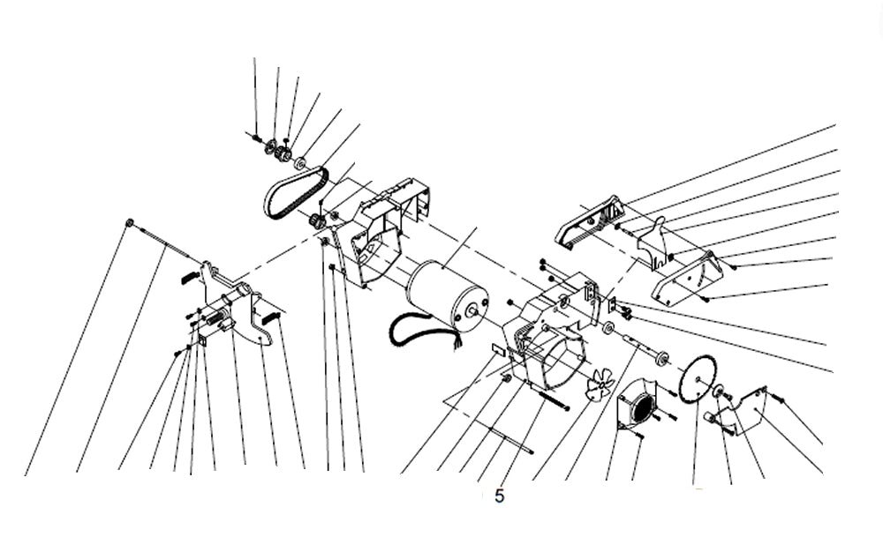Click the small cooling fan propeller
[600, 384]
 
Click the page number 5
[500, 496]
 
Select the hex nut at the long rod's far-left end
[130, 222]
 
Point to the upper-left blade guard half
[590, 220]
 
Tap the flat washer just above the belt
[300, 163]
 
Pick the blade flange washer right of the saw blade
[719, 391]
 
